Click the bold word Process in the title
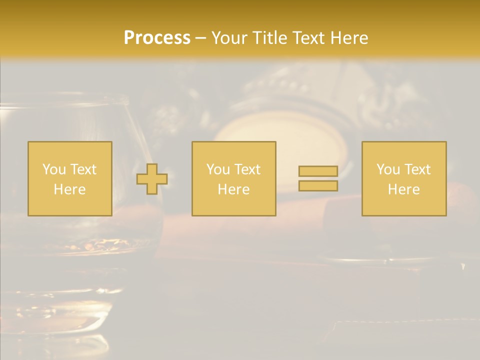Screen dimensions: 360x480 coord(157,38)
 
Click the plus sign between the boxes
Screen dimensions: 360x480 coord(152,179)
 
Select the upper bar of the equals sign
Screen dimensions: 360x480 coord(318,171)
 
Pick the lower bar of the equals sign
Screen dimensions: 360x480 coord(318,186)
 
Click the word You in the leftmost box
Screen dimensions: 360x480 coord(53,169)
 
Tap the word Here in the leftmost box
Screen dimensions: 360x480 coord(69,189)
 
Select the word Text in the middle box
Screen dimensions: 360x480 coord(247,169)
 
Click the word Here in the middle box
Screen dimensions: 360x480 coord(233,189)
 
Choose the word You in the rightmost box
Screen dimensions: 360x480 coord(387,169)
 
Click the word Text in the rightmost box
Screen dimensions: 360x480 coord(417,169)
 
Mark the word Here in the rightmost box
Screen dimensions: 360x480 coord(403,189)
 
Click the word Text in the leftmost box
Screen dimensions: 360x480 coord(83,169)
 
